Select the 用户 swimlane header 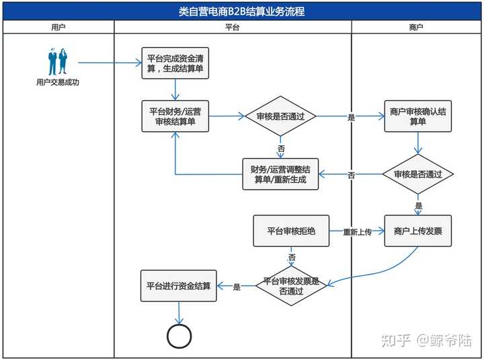[x=58, y=27]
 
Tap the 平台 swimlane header [x=233, y=27]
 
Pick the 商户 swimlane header [x=416, y=27]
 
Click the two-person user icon [x=58, y=63]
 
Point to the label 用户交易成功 [x=58, y=83]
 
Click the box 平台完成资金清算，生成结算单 [x=175, y=63]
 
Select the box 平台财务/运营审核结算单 [x=175, y=116]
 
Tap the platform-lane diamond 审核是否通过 [x=280, y=116]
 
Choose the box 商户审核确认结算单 [x=417, y=116]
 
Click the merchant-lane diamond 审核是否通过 [x=417, y=174]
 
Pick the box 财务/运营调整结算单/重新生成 [x=280, y=174]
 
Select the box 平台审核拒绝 [x=291, y=231]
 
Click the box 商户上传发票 [x=417, y=231]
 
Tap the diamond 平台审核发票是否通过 [x=291, y=287]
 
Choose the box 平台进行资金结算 [x=179, y=286]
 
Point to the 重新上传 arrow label [x=357, y=232]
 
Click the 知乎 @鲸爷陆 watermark [x=426, y=340]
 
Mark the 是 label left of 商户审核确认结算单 [x=351, y=117]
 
